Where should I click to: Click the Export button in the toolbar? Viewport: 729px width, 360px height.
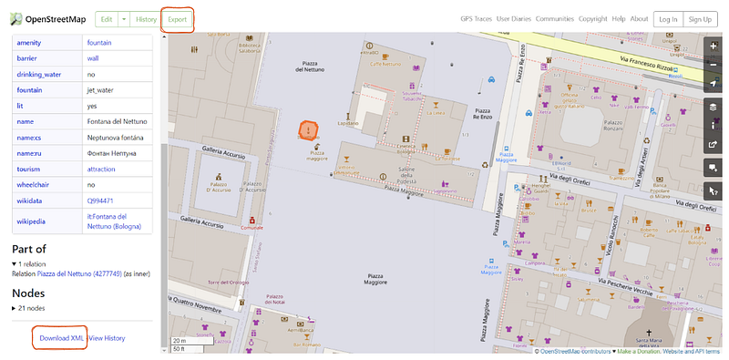[x=177, y=18]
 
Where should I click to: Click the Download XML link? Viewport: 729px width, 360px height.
[x=61, y=337]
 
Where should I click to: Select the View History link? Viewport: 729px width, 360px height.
[x=107, y=337]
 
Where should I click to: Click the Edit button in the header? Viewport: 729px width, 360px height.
[x=107, y=18]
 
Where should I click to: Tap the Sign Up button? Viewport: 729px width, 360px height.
[x=700, y=18]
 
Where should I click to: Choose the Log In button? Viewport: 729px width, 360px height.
[x=667, y=18]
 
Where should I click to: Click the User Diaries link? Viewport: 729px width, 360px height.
[x=514, y=18]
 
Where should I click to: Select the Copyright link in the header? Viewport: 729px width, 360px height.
[x=592, y=18]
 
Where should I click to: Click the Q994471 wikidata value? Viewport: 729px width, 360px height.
[x=100, y=200]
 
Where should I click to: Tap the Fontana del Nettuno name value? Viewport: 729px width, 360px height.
[x=117, y=121]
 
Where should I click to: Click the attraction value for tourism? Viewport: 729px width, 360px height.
[x=101, y=169]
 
